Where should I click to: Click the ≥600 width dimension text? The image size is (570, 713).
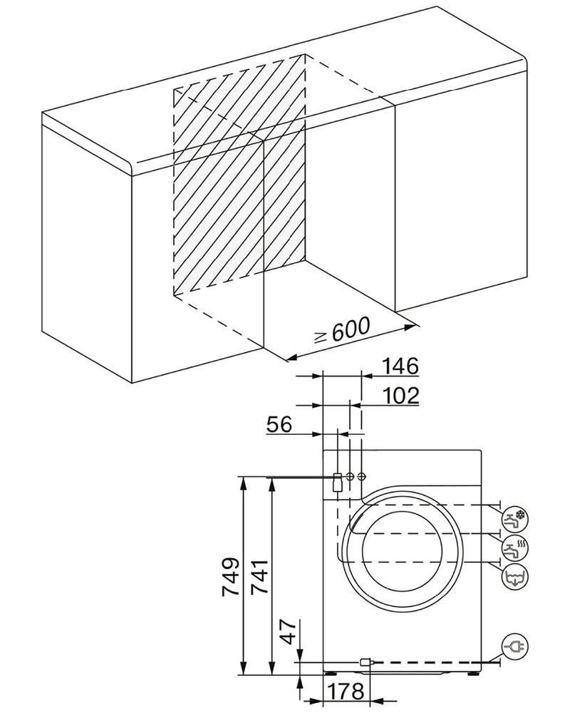click(341, 329)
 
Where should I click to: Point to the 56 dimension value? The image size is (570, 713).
click(279, 426)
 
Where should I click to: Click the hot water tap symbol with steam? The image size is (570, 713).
click(514, 548)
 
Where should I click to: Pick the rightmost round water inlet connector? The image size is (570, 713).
click(362, 476)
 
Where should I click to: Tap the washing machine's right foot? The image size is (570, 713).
click(472, 670)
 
